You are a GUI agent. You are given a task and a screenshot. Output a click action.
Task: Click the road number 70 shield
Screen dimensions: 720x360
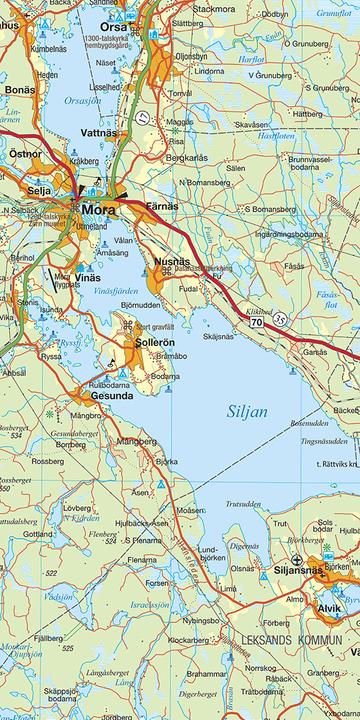point(258,323)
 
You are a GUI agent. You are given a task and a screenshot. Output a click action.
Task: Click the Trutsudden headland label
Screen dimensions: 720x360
point(246,504)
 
